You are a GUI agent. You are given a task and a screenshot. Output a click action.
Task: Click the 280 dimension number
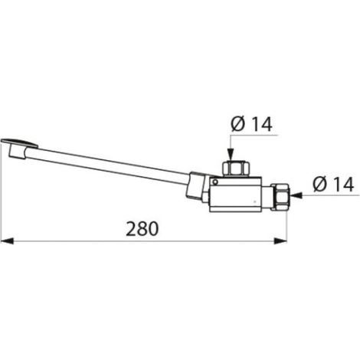pyautogui.click(x=142, y=228)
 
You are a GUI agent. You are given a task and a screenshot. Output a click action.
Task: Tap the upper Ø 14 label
pyautogui.click(x=251, y=124)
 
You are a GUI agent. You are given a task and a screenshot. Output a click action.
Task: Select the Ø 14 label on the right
pyautogui.click(x=333, y=185)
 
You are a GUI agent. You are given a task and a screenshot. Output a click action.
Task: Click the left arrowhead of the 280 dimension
pyautogui.click(x=7, y=241)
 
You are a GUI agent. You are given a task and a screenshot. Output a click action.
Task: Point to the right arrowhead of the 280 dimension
pyautogui.click(x=280, y=241)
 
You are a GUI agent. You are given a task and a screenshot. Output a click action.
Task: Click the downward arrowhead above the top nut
pyautogui.click(x=231, y=155)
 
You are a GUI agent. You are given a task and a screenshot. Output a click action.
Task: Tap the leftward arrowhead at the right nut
pyautogui.click(x=296, y=195)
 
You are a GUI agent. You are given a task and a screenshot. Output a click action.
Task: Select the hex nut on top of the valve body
pyautogui.click(x=236, y=169)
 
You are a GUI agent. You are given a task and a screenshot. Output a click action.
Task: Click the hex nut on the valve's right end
pyautogui.click(x=280, y=196)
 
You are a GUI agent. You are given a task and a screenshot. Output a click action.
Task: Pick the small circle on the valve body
pyautogui.click(x=215, y=182)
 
